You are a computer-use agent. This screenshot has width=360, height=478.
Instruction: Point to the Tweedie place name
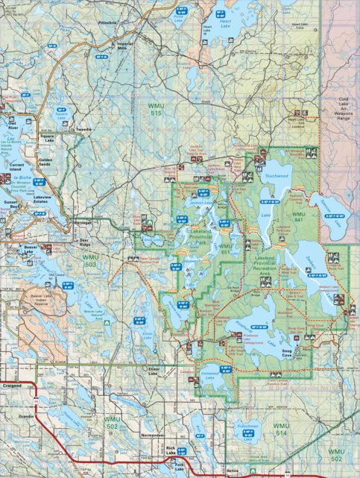(84, 130)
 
